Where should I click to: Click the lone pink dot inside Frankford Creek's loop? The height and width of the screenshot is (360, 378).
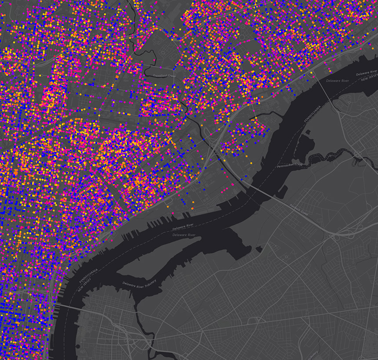click(x=155, y=60)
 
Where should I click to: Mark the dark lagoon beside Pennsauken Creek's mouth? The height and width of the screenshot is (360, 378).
click(x=303, y=145)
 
